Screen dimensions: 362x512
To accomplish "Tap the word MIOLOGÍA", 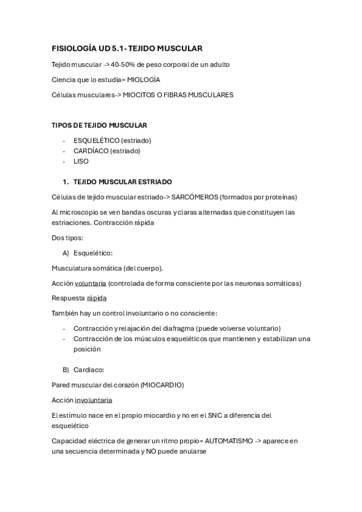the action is pos(144,79).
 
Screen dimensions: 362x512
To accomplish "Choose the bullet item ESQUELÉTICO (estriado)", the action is pos(112,140).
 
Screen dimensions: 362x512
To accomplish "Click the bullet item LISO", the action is pos(80,161).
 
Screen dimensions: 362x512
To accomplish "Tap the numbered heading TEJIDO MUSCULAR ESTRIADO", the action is pos(123,181).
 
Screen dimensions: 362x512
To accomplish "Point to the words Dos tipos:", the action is pos(68,237).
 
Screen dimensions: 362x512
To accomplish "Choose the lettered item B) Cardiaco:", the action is pos(89,369).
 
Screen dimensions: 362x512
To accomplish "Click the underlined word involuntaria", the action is pos(93,400).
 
